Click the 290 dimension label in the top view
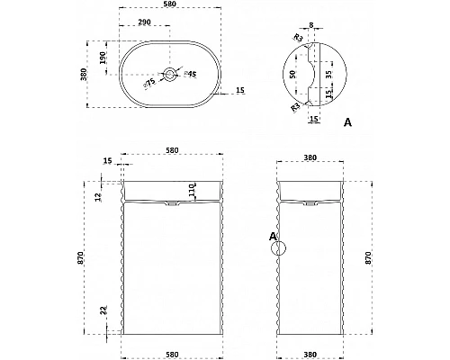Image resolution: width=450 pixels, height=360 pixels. click(x=145, y=22)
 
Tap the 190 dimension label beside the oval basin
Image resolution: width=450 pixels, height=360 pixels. click(x=103, y=58)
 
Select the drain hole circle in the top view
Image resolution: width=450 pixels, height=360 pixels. click(x=170, y=74)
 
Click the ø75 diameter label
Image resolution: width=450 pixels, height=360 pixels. click(x=149, y=83)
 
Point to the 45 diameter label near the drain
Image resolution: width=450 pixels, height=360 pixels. click(x=190, y=74)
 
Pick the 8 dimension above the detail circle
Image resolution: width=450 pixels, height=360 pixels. click(x=311, y=25)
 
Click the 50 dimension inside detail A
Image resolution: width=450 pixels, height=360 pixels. click(x=293, y=74)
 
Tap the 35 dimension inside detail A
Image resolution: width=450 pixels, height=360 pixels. click(x=328, y=75)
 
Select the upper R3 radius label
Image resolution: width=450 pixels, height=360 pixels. click(x=298, y=38)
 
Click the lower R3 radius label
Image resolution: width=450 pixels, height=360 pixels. click(x=295, y=107)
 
